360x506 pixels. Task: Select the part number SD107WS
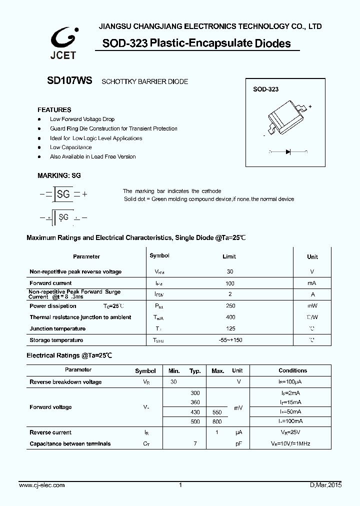(x=62, y=80)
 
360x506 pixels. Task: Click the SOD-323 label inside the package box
(x=265, y=89)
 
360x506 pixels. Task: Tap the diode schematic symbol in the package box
(x=288, y=151)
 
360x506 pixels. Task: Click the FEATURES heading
(x=54, y=109)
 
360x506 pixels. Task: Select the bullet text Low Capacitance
(x=70, y=147)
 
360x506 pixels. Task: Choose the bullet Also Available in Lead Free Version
(x=92, y=156)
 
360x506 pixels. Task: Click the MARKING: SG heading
(x=59, y=176)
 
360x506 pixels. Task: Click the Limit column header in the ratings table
(x=229, y=256)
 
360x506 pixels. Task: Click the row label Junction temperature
(x=57, y=329)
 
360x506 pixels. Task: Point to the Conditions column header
(x=292, y=370)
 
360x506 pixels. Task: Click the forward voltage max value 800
(x=217, y=421)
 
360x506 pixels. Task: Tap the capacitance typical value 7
(x=195, y=444)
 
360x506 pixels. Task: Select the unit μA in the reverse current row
(x=238, y=432)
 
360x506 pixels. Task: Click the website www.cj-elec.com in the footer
(x=41, y=485)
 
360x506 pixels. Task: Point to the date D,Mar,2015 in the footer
(x=325, y=485)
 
